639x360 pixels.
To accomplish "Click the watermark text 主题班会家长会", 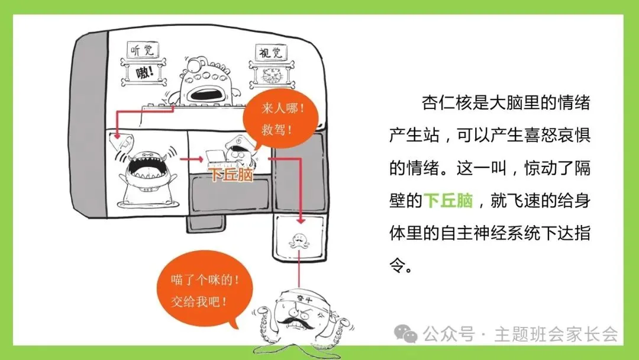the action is point(556,335).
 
